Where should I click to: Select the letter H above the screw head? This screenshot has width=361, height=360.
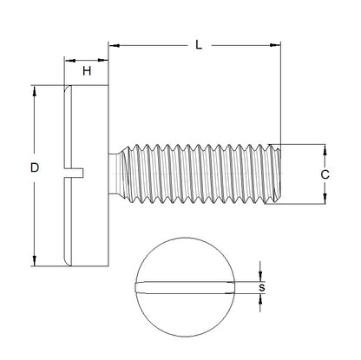point(86,71)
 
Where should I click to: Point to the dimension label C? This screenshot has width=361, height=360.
point(325,173)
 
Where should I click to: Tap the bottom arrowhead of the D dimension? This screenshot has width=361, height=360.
point(34,260)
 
